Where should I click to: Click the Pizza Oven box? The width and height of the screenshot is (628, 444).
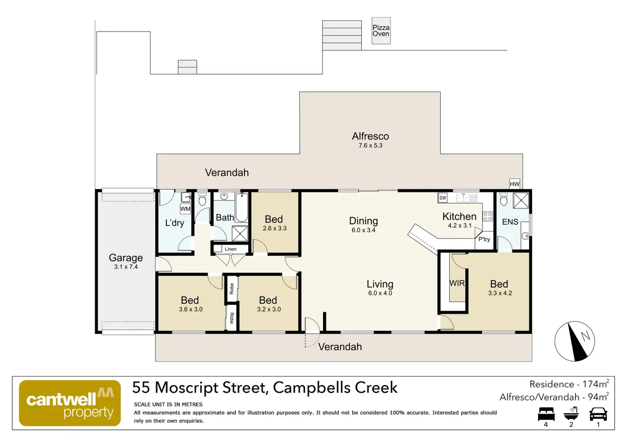pos(381,30)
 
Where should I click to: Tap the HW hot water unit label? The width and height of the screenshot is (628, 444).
pos(514,184)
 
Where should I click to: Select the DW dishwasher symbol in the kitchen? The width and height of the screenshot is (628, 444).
pos(443,198)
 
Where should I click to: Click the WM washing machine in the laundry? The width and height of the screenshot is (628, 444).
pos(185,209)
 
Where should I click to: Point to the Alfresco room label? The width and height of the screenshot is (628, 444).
pos(370,136)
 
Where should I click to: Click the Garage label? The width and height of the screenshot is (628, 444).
pos(126,258)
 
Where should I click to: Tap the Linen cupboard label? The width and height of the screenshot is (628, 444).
pos(230,249)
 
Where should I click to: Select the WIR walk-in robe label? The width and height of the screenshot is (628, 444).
pos(457,283)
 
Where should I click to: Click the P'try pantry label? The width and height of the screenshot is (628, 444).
pos(484,239)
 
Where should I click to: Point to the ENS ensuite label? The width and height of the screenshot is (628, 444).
pos(510,222)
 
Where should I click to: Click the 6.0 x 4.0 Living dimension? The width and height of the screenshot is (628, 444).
pos(380,293)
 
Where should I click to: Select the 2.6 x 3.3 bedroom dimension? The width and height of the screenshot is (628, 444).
pos(275,228)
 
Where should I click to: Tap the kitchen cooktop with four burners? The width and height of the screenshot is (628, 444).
pos(488,216)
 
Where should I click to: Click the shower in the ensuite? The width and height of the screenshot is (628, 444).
pos(521,200)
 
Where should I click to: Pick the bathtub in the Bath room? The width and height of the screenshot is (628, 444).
pos(242,207)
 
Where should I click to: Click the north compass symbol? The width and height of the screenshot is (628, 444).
pos(575,341)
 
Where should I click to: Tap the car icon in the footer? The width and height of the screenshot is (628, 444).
pos(598,414)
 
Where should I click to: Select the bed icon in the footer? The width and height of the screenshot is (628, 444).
pos(546,414)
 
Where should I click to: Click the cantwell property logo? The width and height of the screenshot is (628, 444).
pos(70,403)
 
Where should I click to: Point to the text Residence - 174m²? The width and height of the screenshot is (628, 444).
pos(569,384)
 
